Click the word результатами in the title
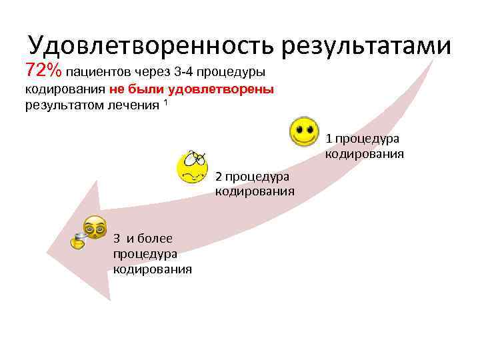click(x=366, y=45)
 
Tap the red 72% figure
click(x=43, y=70)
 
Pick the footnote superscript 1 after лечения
click(x=165, y=102)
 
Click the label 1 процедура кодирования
click(x=363, y=147)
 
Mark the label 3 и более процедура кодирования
click(x=152, y=253)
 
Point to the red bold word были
click(x=147, y=89)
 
